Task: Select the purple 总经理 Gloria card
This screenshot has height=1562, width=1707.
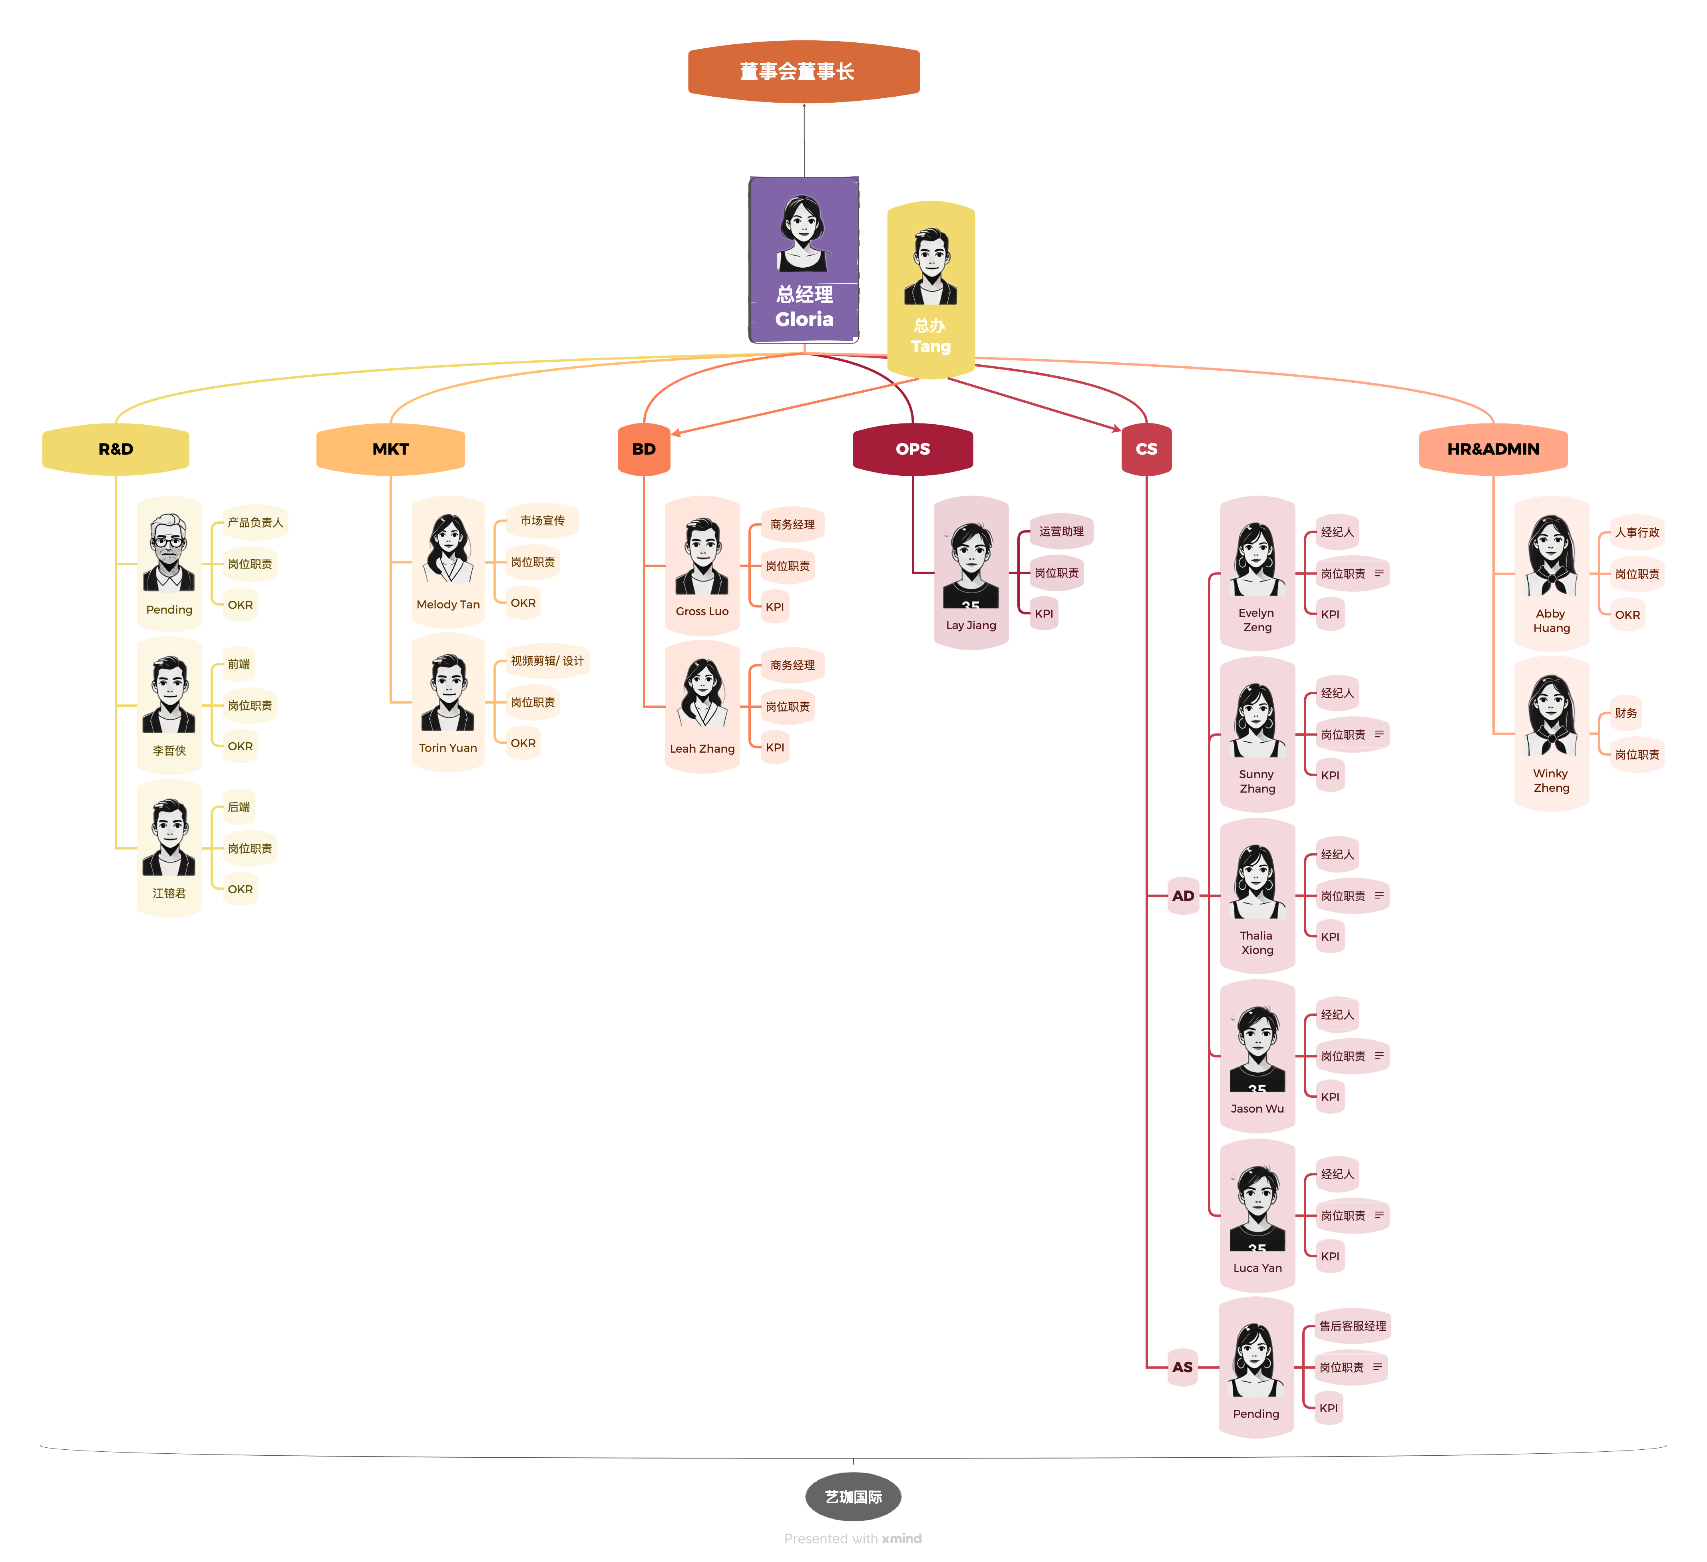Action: point(804,260)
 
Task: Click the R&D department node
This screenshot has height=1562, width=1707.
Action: point(116,449)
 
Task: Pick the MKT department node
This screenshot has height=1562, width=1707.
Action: point(390,449)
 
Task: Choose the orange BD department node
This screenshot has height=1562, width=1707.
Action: point(643,449)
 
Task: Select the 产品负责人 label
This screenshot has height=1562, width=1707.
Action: point(255,523)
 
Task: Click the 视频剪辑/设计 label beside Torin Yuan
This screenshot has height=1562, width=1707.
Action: point(547,660)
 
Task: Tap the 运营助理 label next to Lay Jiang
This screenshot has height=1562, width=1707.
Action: point(1061,531)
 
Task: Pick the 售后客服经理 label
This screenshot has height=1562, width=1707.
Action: point(1352,1326)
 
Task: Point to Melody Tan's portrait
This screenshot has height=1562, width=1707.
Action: point(448,548)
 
